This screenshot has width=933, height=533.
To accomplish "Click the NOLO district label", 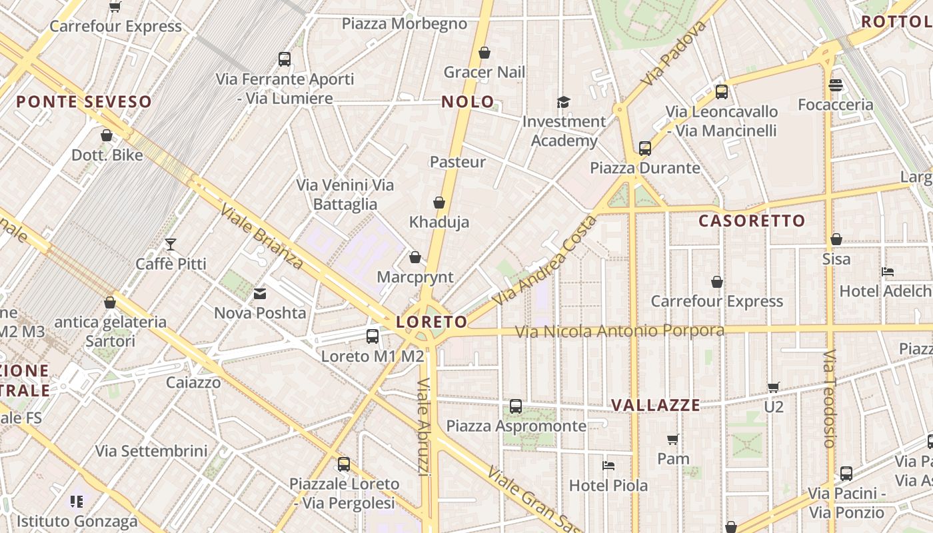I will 468,102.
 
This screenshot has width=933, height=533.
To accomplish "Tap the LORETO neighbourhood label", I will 432,322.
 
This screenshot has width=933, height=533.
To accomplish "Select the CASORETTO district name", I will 752,221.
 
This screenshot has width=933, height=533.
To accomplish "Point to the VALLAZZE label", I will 656,405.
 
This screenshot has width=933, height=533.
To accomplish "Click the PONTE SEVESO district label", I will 84,102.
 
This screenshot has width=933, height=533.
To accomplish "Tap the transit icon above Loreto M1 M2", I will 373,336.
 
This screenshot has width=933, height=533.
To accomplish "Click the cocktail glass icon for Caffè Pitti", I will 171,245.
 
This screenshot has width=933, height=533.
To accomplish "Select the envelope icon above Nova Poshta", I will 260,293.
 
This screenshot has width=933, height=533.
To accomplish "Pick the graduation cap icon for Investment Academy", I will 564,102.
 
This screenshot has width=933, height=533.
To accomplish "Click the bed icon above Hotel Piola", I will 608,466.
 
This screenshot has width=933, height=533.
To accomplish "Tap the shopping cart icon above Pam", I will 673,439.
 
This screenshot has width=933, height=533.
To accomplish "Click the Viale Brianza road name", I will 262,237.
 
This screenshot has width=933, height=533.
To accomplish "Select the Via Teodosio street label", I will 829,398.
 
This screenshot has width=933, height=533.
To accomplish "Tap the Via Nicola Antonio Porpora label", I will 620,331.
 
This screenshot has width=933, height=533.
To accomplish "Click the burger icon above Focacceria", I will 836,85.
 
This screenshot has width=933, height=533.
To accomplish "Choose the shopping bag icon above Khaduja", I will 439,203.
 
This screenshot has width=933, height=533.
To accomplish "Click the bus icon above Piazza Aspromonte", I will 516,406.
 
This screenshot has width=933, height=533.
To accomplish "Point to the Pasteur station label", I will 458,162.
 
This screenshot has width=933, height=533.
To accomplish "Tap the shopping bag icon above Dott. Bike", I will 107,136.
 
